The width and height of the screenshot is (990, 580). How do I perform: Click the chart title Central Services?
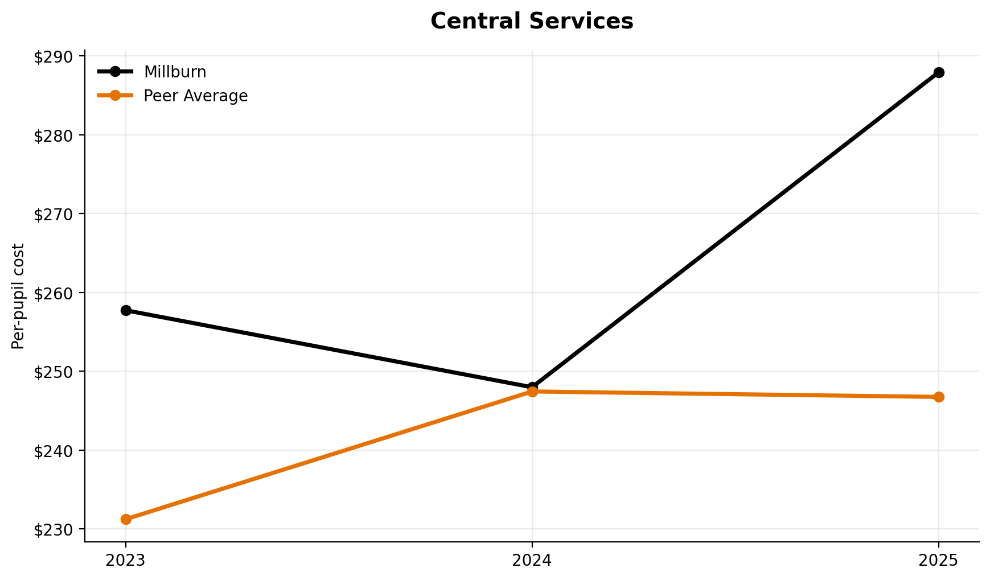click(531, 22)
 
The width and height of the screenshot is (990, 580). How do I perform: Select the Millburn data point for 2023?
click(126, 310)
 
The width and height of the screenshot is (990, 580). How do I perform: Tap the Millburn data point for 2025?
click(939, 72)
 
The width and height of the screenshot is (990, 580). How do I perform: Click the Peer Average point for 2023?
click(126, 519)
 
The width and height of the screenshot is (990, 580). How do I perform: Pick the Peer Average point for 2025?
click(939, 397)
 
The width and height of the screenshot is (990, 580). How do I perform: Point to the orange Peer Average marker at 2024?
click(532, 392)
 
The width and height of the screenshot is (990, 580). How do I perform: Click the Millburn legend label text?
click(175, 72)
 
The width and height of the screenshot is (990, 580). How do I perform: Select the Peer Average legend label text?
click(195, 96)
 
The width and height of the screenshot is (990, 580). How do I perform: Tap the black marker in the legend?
click(115, 72)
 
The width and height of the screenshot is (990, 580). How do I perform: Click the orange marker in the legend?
click(115, 96)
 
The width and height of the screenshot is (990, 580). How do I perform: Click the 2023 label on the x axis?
click(126, 561)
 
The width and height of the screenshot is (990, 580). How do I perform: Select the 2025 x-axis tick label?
click(939, 561)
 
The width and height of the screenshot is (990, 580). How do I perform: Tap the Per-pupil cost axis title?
click(18, 296)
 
